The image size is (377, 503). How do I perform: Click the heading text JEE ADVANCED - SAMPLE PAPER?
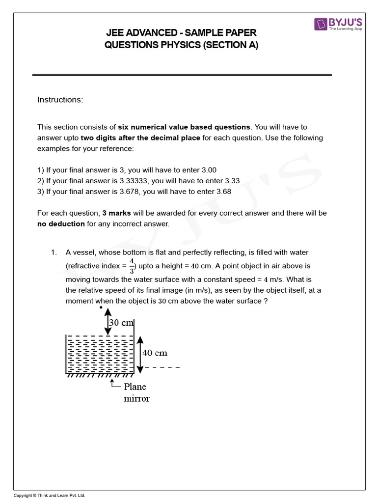[x=181, y=33]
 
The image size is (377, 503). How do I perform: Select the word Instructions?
[x=60, y=100]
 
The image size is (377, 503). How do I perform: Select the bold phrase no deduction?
[x=61, y=224]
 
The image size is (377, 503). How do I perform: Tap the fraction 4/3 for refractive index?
[x=132, y=266]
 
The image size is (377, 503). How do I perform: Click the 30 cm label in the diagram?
[x=121, y=323]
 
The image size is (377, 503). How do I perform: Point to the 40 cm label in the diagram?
[x=155, y=353]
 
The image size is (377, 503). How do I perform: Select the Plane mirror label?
[x=136, y=392]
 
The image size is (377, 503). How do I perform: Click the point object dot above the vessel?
[x=101, y=308]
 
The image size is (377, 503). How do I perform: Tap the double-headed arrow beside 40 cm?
[x=140, y=354]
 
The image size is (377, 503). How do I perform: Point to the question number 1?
[x=54, y=252]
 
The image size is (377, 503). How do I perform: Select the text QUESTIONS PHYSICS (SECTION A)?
[x=181, y=45]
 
